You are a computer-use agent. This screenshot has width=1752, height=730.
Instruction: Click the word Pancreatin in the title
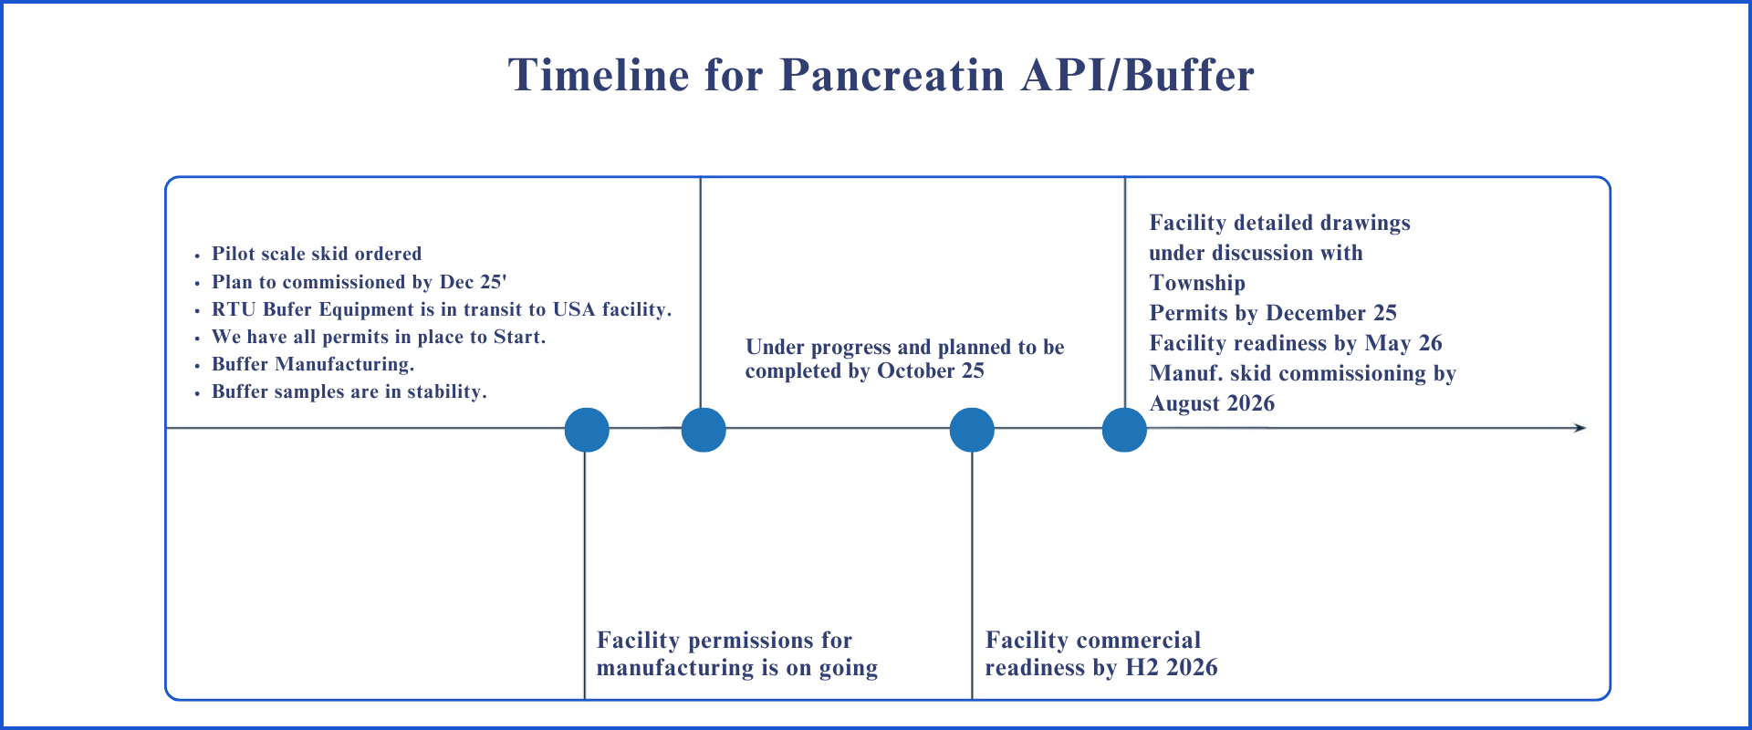892,75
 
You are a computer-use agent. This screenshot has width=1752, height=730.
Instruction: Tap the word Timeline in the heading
599,75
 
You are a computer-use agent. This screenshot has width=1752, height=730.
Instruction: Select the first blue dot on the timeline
587,430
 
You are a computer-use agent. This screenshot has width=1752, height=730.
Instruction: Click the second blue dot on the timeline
704,430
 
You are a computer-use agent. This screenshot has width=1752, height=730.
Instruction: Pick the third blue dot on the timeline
972,430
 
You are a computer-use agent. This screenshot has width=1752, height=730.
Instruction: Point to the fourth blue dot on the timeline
1124,430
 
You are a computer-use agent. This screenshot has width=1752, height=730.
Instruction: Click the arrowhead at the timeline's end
1581,428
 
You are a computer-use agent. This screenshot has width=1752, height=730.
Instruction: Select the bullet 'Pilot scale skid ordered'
317,254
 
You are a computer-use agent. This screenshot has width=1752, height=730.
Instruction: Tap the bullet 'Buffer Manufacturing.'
313,364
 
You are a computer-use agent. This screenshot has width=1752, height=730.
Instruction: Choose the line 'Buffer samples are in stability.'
349,391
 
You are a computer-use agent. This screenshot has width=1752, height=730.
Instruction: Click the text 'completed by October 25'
865,370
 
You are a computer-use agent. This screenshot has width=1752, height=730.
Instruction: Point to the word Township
1197,283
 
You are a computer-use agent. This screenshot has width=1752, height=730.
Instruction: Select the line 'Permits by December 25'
1273,313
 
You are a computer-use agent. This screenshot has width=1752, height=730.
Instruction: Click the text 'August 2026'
1212,403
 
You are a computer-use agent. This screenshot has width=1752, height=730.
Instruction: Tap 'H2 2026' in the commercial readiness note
1172,668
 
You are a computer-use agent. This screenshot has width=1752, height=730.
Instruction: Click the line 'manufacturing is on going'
737,668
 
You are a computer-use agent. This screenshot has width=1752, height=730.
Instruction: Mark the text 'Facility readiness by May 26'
1296,343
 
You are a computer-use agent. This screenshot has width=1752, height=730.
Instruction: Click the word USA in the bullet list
574,309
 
